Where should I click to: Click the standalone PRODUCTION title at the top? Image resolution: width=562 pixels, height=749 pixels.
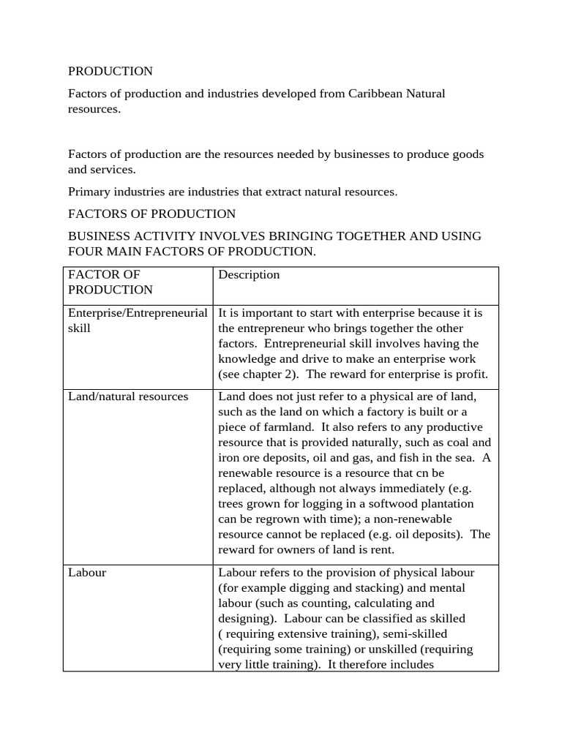(x=110, y=71)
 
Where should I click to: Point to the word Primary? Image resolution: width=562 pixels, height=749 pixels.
(x=89, y=192)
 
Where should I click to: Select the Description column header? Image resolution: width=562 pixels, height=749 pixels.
(x=249, y=274)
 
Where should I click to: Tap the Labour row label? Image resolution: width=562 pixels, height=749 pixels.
(x=87, y=573)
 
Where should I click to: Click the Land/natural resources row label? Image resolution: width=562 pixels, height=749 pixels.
(x=128, y=396)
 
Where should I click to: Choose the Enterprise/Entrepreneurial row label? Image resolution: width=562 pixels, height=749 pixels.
(x=138, y=312)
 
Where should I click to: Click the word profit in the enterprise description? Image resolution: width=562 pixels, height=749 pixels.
(x=469, y=374)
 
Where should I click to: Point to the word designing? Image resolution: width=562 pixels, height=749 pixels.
(x=246, y=618)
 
